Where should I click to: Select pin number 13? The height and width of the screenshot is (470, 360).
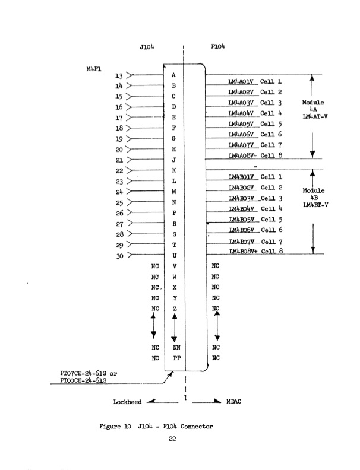point(119,75)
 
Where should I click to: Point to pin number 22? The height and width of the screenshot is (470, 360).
point(119,171)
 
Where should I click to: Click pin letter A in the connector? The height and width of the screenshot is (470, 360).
point(173,75)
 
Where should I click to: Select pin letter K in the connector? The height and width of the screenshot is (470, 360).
point(173,170)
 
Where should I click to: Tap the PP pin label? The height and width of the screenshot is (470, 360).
point(176,358)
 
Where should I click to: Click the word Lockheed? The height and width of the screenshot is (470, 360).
point(127,402)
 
